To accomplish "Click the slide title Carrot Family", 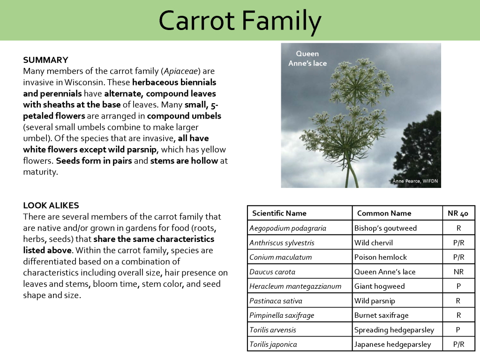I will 240,21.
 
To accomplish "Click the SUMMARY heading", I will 45,60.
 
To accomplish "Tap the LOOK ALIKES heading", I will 51,205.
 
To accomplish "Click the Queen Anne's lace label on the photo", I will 307,59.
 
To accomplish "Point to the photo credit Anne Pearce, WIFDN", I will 415,181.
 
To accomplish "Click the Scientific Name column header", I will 279,213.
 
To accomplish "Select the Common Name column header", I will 384,213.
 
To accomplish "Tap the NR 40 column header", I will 458,213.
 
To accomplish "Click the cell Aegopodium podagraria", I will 288,228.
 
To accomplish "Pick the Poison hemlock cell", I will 381,257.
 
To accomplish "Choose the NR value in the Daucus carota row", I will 458,272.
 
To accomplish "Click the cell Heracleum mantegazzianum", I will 295,286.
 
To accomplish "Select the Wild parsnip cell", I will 375,301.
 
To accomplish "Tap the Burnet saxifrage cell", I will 381,315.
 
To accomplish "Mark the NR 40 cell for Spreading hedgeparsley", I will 458,330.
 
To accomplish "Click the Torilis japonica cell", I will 273,345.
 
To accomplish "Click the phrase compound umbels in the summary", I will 184,116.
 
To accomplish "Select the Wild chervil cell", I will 374,243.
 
